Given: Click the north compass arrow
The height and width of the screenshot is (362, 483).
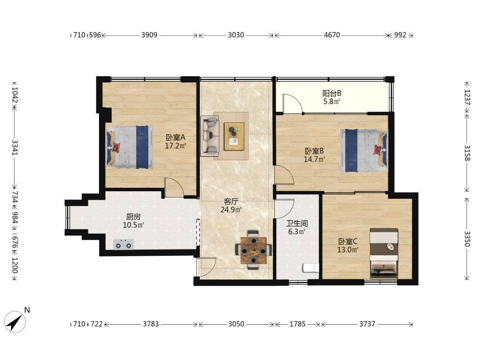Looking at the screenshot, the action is [15, 322].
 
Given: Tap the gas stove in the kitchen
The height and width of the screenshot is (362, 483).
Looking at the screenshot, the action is [124, 244].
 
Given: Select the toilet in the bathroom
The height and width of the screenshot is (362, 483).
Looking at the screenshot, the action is [311, 268].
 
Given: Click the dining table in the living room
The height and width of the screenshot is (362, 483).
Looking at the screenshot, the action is [254, 250].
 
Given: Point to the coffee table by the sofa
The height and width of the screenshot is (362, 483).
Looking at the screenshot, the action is [234, 137].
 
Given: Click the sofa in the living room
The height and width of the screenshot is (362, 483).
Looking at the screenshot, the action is [210, 136].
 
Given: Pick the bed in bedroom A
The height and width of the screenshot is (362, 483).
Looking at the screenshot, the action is [129, 147].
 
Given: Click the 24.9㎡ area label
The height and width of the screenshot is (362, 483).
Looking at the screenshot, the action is [231, 210].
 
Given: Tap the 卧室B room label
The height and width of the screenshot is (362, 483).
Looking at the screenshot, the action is [314, 151].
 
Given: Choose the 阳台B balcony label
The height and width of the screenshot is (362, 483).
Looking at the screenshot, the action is [332, 93].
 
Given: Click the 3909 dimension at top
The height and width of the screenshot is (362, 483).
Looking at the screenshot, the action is [149, 35].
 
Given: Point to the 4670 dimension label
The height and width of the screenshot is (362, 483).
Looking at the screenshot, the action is [332, 35].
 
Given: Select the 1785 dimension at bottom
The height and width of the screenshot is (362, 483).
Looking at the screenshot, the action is [298, 324].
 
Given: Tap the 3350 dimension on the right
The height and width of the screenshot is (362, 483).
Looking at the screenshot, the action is [467, 239].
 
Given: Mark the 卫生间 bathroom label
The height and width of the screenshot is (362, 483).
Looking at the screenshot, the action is [297, 223].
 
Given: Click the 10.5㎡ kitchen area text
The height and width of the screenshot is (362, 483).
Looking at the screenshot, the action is [134, 225].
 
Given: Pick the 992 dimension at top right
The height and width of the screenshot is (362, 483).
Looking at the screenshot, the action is [400, 35].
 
